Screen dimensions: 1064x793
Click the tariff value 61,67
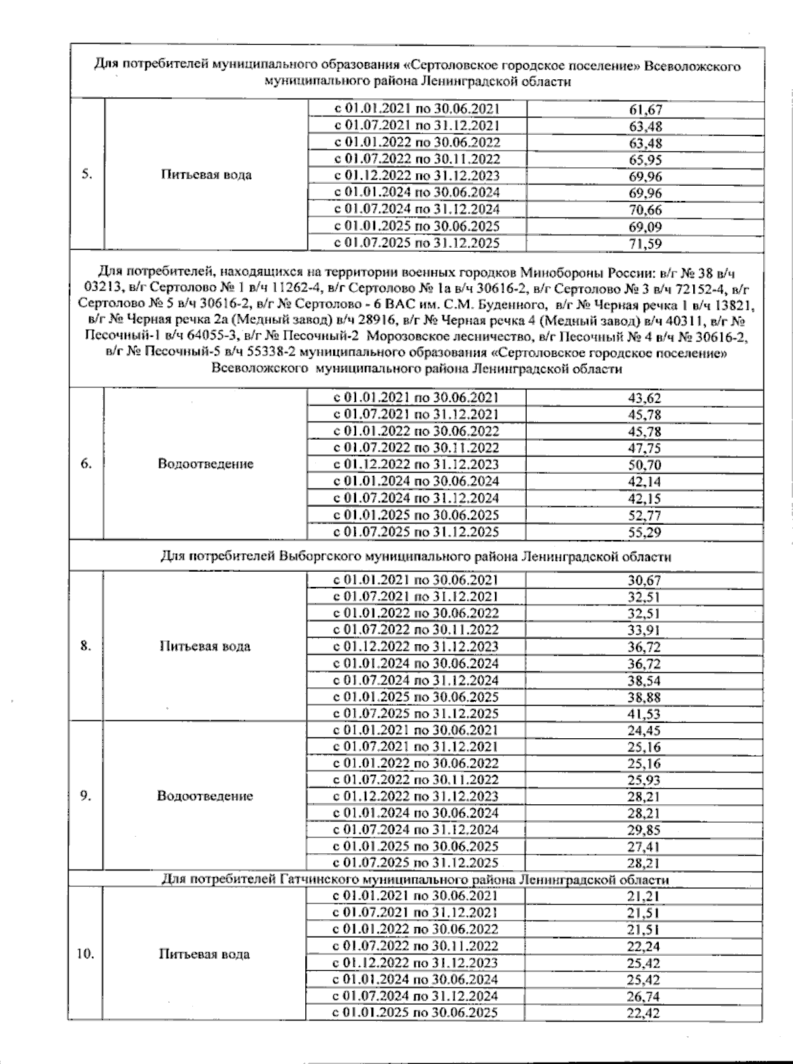pos(645,110)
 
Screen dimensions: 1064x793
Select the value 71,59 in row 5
pos(645,243)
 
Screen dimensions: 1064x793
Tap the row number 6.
pos(86,463)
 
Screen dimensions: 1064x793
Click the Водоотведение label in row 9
pos(205,796)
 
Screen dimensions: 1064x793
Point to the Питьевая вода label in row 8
pos(205,646)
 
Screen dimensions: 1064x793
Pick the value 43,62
pos(644,398)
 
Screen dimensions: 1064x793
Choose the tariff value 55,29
pos(644,532)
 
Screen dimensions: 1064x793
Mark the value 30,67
pos(644,580)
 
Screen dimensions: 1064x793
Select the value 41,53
pos(644,714)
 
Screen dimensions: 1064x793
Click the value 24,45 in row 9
pos(644,730)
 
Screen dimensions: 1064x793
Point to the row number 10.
pos(85,954)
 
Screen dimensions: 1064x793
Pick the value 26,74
pos(644,997)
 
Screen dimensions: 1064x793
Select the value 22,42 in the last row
pos(644,1013)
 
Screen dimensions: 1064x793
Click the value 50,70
pos(644,465)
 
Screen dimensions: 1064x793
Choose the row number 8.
pos(86,646)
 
